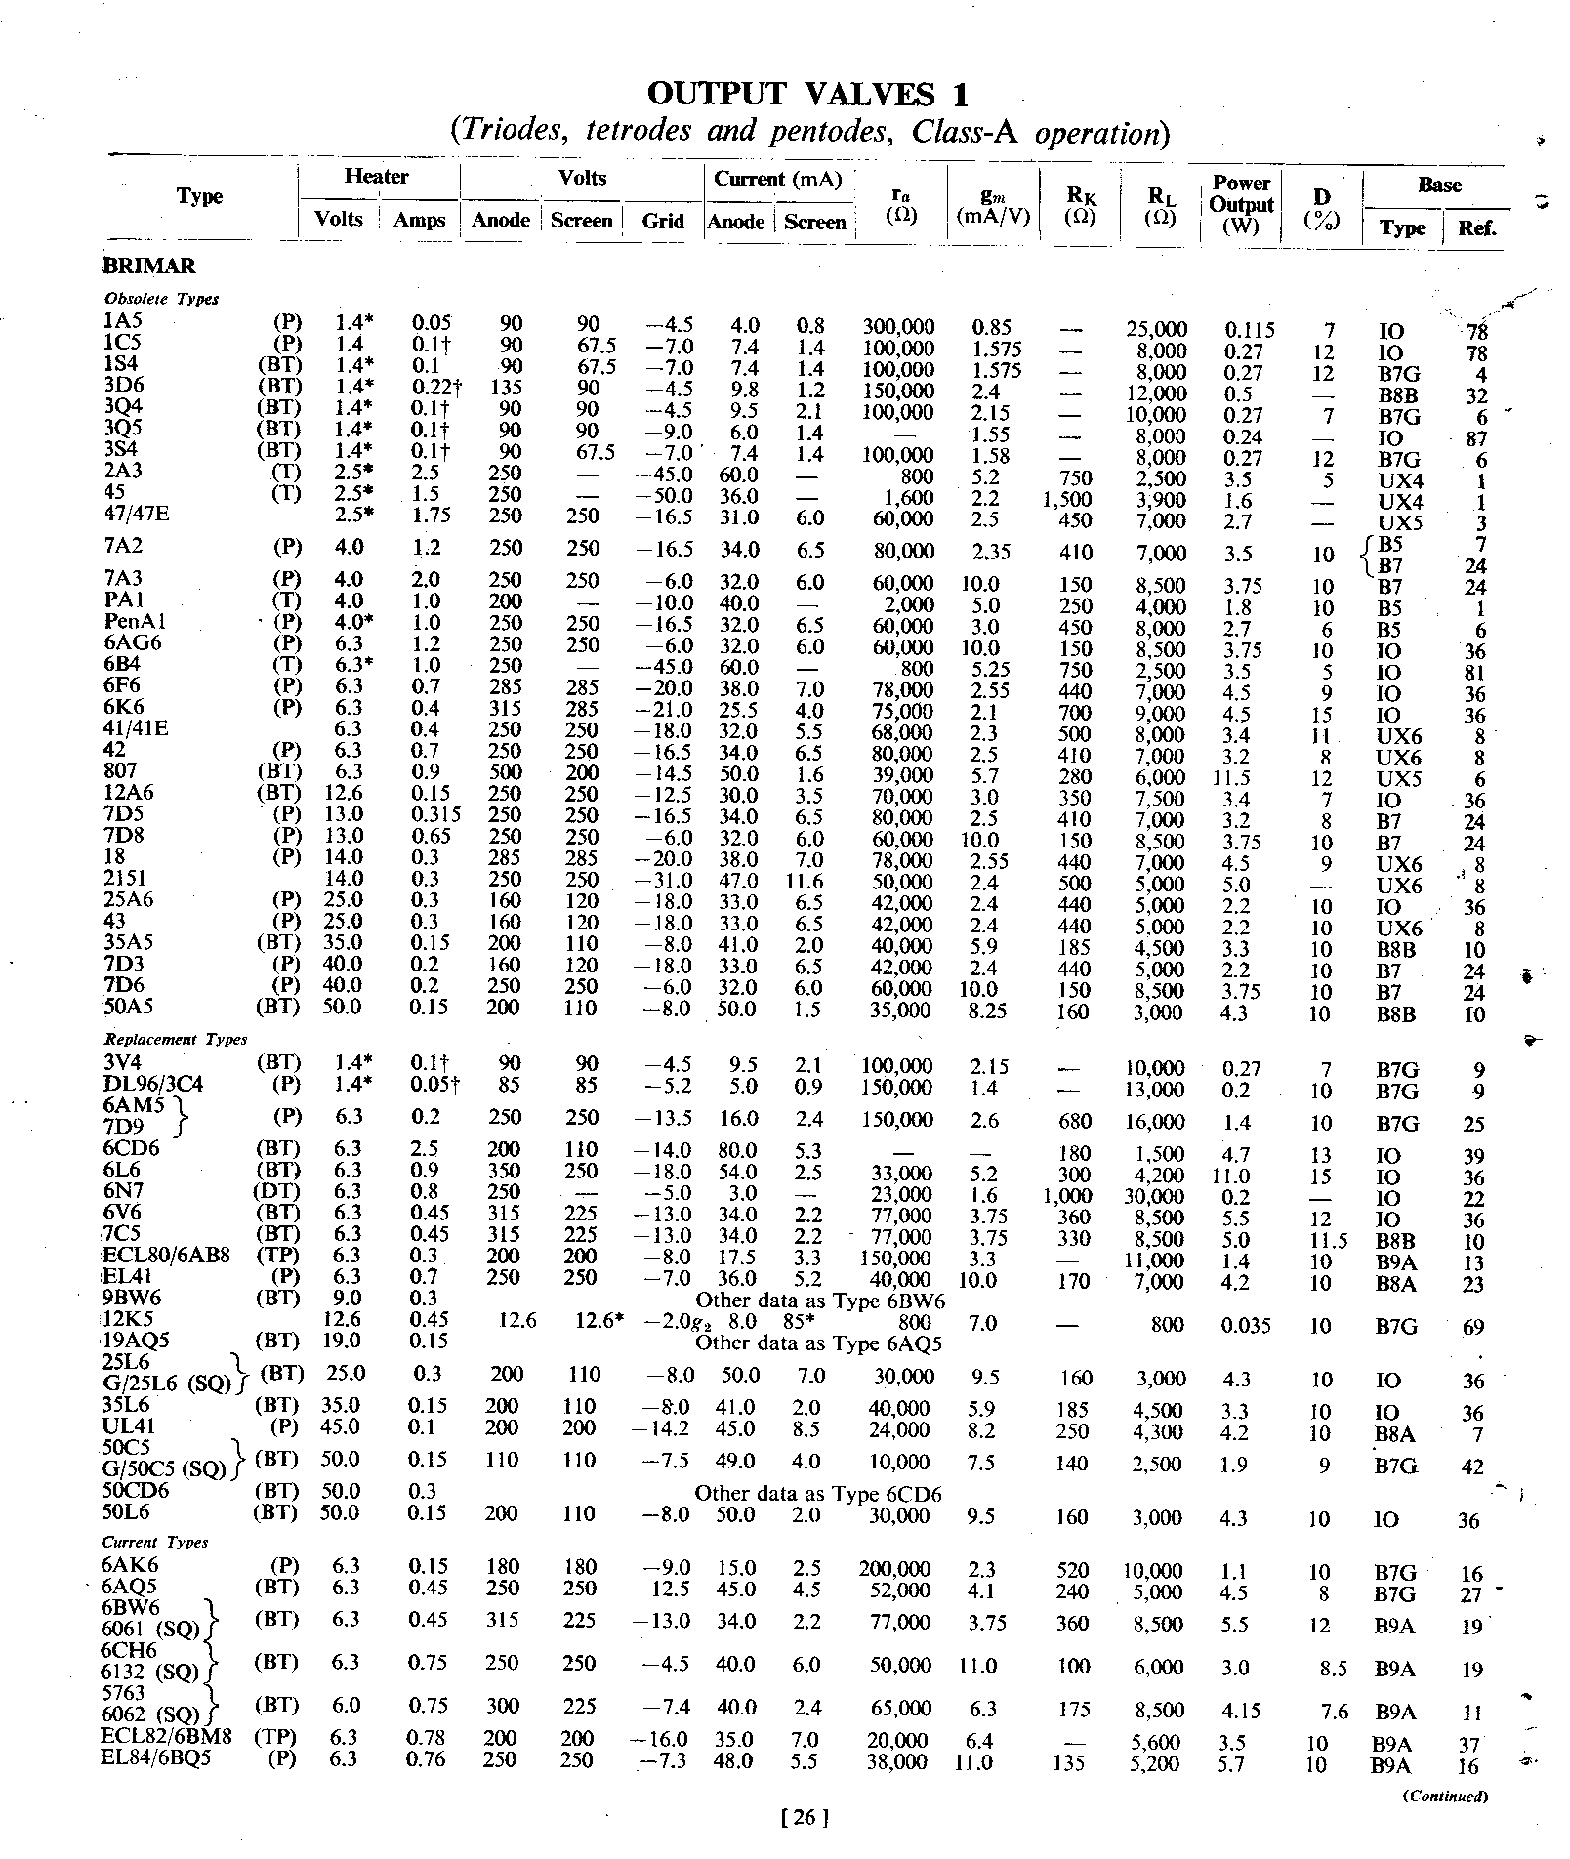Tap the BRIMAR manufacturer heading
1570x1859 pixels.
[x=149, y=266]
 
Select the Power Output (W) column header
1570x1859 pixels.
[x=1241, y=205]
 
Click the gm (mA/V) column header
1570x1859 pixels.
[x=994, y=206]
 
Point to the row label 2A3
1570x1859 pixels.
[x=123, y=472]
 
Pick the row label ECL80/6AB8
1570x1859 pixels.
[x=167, y=1255]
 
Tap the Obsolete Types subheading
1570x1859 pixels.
[x=161, y=299]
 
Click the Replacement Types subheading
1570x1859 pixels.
[x=176, y=1039]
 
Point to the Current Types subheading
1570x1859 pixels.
[x=155, y=1542]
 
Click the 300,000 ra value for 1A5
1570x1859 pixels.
[x=898, y=326]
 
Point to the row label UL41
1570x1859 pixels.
[x=129, y=1426]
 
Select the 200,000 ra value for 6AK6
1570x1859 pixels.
[x=894, y=1569]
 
